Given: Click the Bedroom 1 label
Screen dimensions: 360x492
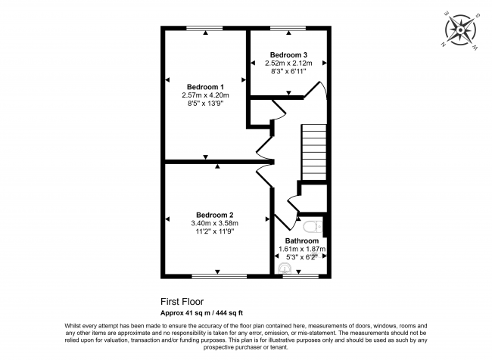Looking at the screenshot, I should pyautogui.click(x=204, y=86).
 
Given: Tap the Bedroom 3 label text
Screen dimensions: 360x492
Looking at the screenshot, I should pyautogui.click(x=289, y=55).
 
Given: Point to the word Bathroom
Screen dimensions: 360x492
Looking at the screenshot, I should pyautogui.click(x=301, y=241).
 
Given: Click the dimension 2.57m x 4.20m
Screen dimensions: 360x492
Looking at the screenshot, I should pyautogui.click(x=204, y=95).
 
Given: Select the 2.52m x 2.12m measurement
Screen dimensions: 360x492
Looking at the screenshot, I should pyautogui.click(x=289, y=64).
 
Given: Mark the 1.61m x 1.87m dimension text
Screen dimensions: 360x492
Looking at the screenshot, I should pyautogui.click(x=300, y=249).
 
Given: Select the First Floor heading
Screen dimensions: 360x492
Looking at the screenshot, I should pyautogui.click(x=182, y=301).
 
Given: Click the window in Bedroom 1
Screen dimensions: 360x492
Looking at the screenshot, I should pyautogui.click(x=205, y=29).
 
